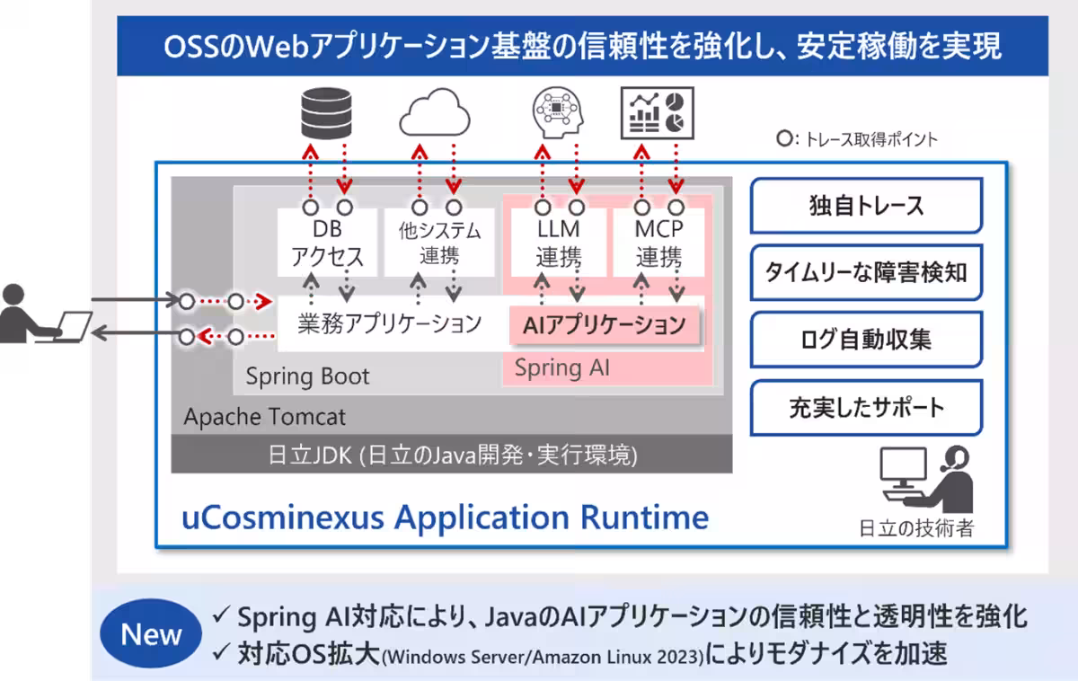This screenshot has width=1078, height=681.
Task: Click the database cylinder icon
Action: point(326,113)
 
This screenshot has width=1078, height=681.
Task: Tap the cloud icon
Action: point(435,112)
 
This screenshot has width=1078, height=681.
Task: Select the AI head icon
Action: point(558,112)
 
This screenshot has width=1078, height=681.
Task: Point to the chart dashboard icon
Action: point(657,113)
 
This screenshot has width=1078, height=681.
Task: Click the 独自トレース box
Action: point(866,206)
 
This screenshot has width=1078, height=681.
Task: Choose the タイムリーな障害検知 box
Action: point(866,272)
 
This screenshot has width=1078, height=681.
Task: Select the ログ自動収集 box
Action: point(866,340)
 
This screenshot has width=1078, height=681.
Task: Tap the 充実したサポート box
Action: point(866,408)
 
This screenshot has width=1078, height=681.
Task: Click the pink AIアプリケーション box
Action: point(605,325)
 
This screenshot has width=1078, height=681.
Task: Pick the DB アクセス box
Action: point(327,243)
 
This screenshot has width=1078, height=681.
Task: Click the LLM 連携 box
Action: point(558,243)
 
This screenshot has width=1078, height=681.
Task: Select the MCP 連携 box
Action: point(658,243)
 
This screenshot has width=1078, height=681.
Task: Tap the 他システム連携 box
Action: point(439,243)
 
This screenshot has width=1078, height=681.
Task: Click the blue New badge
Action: point(151,633)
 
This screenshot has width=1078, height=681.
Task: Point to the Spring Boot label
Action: point(307,376)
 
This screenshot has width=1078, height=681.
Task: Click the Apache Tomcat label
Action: point(265,416)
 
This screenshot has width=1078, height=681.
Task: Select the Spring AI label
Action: point(562,368)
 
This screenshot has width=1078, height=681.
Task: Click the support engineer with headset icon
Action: point(927,480)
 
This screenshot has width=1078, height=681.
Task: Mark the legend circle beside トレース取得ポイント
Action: point(784,138)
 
